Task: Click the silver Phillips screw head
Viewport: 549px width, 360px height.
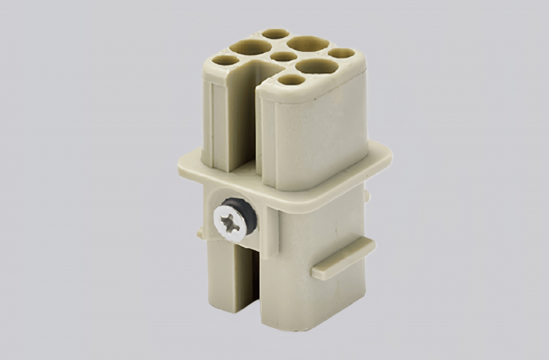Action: click(x=227, y=220)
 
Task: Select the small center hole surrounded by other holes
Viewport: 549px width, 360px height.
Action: click(x=284, y=56)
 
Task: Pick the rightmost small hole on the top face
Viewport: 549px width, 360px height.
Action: click(x=342, y=53)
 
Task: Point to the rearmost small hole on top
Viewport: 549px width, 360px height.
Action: click(x=275, y=34)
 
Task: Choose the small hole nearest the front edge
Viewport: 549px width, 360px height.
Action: click(x=291, y=80)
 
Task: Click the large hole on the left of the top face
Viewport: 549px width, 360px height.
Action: click(x=250, y=48)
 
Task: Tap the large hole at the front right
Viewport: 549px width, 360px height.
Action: click(x=316, y=66)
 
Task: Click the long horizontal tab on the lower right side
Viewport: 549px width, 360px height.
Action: click(x=343, y=258)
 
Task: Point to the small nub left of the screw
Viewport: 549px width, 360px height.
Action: click(x=200, y=234)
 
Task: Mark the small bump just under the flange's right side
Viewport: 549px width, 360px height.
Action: click(x=367, y=196)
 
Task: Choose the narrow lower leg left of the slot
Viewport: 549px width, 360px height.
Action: click(x=220, y=279)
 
